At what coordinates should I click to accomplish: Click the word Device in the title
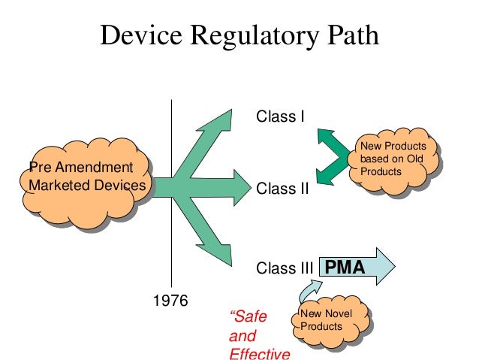coord(138,35)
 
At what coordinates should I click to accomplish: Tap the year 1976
coord(171,301)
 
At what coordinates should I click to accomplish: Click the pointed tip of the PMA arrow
coord(392,263)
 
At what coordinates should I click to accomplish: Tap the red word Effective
coord(259,352)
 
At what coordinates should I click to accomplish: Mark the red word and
coord(242,335)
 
